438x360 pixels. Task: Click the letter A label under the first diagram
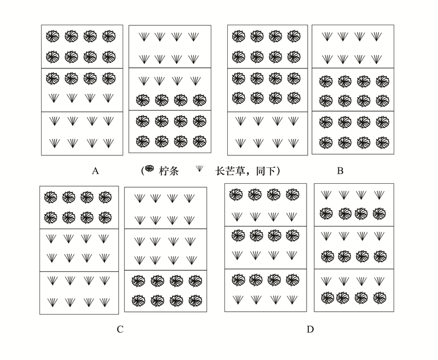[95, 171]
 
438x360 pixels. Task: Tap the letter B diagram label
[340, 171]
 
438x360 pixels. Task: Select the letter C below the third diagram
[120, 329]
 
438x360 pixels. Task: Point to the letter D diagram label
[310, 329]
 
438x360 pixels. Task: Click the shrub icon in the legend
[150, 169]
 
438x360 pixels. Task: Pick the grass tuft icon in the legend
[199, 169]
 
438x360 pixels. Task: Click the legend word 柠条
[169, 171]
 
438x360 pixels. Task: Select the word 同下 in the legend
[266, 171]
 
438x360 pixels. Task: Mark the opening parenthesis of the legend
[143, 171]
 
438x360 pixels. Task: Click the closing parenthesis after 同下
[278, 171]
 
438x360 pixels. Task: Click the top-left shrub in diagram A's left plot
[53, 36]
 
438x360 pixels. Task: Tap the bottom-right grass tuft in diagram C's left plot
[105, 303]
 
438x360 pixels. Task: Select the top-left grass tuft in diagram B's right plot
[327, 37]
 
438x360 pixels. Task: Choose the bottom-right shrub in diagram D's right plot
[379, 298]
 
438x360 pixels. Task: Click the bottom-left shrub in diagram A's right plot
[143, 142]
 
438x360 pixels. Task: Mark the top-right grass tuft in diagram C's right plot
[189, 199]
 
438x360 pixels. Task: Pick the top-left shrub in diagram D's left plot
[236, 195]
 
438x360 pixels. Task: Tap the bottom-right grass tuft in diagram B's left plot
[293, 143]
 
